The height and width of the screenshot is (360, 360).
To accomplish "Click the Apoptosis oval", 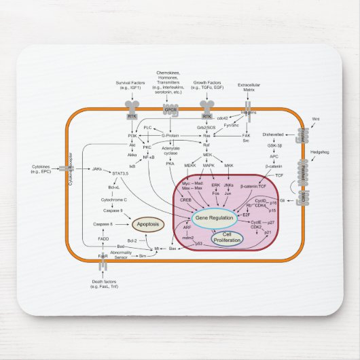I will pyautogui.click(x=147, y=223).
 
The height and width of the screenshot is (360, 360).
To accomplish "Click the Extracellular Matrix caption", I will pyautogui.click(x=249, y=88).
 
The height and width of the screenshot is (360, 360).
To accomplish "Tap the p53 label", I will pyautogui.click(x=199, y=243).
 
